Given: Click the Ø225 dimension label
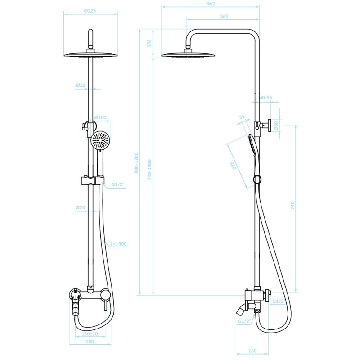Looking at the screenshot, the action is click(x=90, y=10).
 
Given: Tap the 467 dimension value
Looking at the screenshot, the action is click(x=211, y=4).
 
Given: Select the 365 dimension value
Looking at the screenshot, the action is click(x=224, y=16).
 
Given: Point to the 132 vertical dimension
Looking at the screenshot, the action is click(x=149, y=43).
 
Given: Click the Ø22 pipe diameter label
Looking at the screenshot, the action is click(x=81, y=85).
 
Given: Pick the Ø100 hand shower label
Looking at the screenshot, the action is click(x=100, y=117).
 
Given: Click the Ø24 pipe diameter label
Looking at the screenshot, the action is click(x=81, y=207).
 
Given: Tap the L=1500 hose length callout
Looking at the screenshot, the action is click(x=118, y=243).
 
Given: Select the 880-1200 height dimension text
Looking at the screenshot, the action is click(x=136, y=163).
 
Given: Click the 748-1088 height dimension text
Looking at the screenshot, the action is click(x=149, y=170).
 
